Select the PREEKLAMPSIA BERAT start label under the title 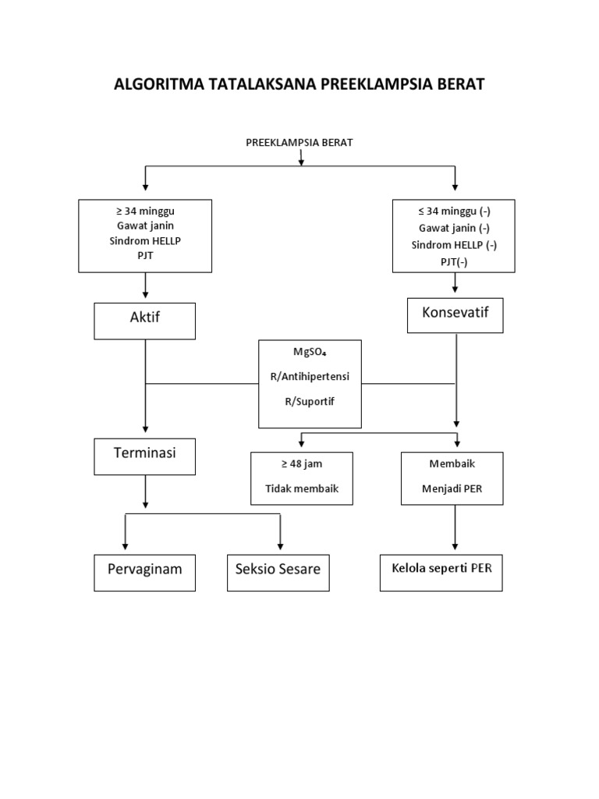tap(299, 142)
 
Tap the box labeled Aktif tap(145, 321)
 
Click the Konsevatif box tap(455, 314)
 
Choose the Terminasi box tap(145, 456)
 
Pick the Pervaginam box tap(145, 573)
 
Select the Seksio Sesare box tap(278, 573)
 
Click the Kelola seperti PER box tap(441, 572)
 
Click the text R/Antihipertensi tap(310, 376)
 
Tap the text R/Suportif tap(310, 400)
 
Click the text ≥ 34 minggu tap(145, 211)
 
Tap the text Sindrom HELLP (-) tap(454, 245)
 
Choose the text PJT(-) tap(453, 262)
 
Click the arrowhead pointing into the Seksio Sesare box tap(280, 548)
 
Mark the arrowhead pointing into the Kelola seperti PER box tap(455, 548)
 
